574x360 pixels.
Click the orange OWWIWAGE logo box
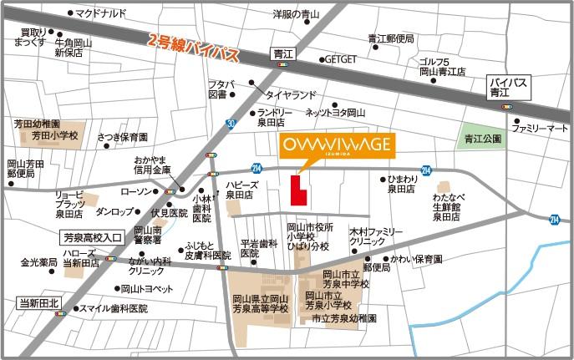[333, 145]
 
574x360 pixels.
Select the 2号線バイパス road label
[193, 48]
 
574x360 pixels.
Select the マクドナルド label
[100, 14]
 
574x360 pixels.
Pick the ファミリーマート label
[540, 129]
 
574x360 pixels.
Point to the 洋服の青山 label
[297, 14]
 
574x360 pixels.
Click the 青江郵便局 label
[391, 39]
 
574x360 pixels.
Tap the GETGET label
[341, 60]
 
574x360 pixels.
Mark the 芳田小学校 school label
[54, 134]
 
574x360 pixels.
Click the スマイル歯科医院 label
[113, 308]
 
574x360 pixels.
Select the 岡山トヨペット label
[146, 289]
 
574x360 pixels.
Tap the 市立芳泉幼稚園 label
[343, 318]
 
